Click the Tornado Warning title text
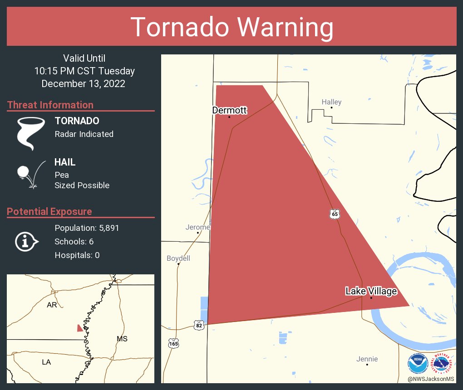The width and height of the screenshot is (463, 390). pos(231,27)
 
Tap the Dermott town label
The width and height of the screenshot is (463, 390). pos(229,110)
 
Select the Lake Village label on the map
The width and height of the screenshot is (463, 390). pos(371,291)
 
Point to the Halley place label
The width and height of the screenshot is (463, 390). pos(331,102)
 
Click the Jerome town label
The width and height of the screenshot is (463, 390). pos(197,227)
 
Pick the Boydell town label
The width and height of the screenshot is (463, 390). pos(178,258)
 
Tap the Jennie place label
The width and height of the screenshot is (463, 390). pos(367,359)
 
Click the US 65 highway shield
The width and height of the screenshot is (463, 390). pos(335,214)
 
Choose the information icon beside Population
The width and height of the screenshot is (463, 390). pos(26,241)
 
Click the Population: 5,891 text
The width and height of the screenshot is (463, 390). pos(87,228)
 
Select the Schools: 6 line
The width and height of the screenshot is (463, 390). pos(74,242)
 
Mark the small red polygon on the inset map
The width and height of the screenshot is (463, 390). pos(80,328)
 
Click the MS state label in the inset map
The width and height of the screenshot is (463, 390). pos(122,339)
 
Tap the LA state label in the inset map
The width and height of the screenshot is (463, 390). pos(47,362)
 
